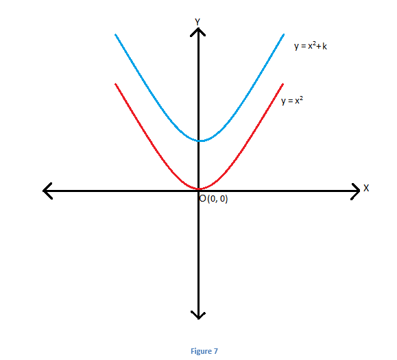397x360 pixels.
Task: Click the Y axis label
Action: (x=197, y=22)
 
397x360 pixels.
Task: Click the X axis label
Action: (x=366, y=188)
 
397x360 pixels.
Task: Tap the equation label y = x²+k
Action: (x=311, y=46)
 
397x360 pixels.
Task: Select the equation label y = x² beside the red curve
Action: (x=292, y=101)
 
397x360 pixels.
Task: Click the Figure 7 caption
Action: (x=204, y=351)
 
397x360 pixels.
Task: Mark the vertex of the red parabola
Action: (x=200, y=189)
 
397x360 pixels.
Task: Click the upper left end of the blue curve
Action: (x=116, y=35)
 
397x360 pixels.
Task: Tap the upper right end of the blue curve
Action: (x=283, y=35)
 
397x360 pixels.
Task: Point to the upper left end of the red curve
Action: (x=116, y=84)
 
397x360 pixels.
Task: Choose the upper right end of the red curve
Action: (x=282, y=84)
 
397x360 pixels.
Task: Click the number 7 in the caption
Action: (x=215, y=351)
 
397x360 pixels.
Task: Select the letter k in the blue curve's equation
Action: (x=324, y=46)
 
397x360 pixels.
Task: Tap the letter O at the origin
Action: (x=203, y=199)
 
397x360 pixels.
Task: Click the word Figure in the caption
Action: (x=202, y=351)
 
